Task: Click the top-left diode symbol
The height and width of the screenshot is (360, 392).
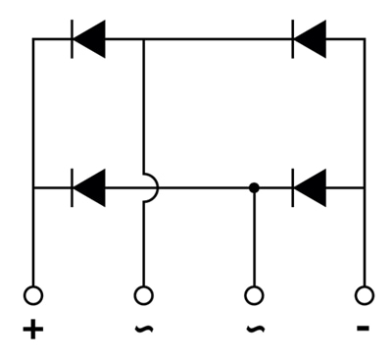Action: click(x=88, y=39)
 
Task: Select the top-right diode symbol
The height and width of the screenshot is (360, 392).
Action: click(x=309, y=39)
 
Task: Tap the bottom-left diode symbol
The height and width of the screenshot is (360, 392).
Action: click(x=88, y=186)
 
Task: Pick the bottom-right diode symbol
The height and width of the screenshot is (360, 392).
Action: click(x=309, y=186)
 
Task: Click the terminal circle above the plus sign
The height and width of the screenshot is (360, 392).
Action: click(x=33, y=294)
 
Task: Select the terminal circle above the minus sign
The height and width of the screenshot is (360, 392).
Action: click(x=365, y=294)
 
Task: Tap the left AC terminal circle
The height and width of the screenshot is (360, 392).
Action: click(x=143, y=294)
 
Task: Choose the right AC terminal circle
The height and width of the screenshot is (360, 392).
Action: click(x=254, y=294)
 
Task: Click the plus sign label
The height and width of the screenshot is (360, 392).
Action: click(x=33, y=329)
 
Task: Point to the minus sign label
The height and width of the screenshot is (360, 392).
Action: click(x=364, y=328)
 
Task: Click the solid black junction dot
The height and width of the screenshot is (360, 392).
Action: click(x=254, y=186)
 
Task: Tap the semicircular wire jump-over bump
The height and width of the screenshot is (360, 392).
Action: click(x=150, y=186)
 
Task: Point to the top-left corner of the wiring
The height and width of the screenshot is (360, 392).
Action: click(x=33, y=39)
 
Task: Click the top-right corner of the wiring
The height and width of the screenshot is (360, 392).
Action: click(x=365, y=39)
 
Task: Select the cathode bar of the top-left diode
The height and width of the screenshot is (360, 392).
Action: click(x=74, y=39)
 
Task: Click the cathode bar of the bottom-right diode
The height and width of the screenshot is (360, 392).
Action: click(x=295, y=186)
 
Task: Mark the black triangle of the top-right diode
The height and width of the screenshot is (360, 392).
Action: click(x=313, y=39)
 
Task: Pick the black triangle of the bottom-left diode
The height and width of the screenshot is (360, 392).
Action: click(x=92, y=186)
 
